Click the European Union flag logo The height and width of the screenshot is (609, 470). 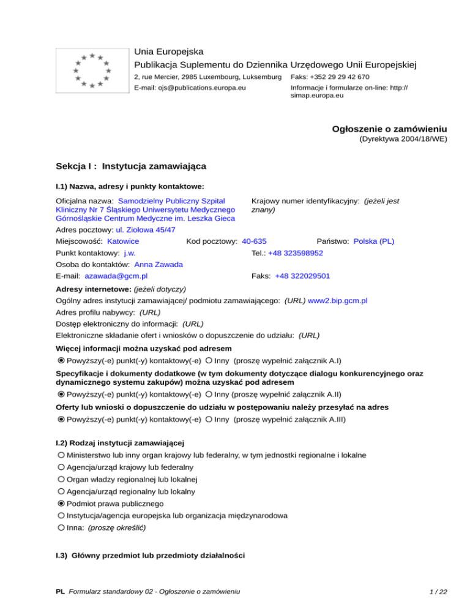click(91, 70)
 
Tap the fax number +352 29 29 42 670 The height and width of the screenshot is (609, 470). click(346, 77)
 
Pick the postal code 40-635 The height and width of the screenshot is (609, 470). click(254, 241)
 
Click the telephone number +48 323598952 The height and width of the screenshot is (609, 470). click(296, 253)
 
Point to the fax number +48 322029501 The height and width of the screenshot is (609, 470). click(302, 276)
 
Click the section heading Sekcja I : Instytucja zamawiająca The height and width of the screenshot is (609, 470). click(130, 166)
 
